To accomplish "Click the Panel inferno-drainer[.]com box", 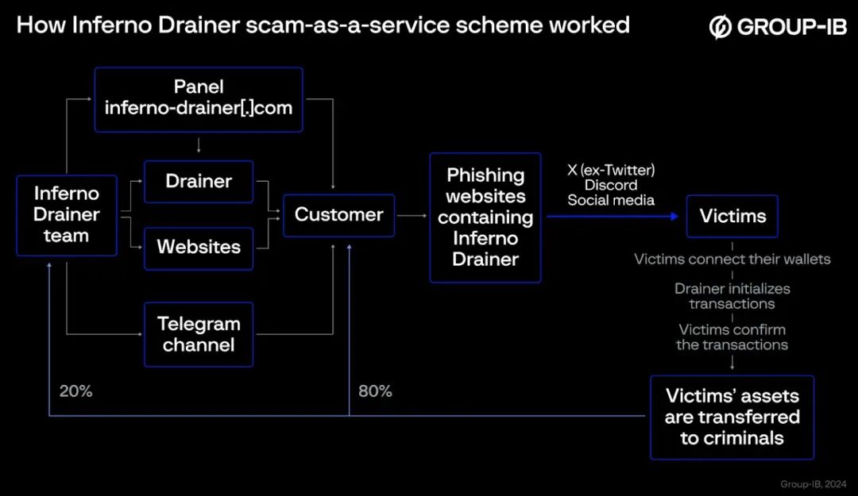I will (199, 99).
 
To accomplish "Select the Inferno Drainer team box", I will (67, 215).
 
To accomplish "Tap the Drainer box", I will (199, 182).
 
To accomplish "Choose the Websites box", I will (199, 248).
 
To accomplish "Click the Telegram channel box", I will (199, 334).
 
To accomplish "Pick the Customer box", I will (338, 215).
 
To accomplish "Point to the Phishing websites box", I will (485, 217).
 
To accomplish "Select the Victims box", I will (732, 215).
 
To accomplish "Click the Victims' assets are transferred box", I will (732, 417).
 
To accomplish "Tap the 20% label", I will (75, 391).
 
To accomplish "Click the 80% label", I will (375, 391).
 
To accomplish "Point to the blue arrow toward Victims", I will (612, 215).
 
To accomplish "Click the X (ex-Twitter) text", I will (611, 170).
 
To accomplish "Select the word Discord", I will (611, 185).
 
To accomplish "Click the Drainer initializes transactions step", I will (732, 296).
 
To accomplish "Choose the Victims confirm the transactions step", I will (732, 337).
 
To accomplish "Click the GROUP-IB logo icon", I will (720, 27).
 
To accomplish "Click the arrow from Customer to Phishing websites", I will (412, 215).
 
